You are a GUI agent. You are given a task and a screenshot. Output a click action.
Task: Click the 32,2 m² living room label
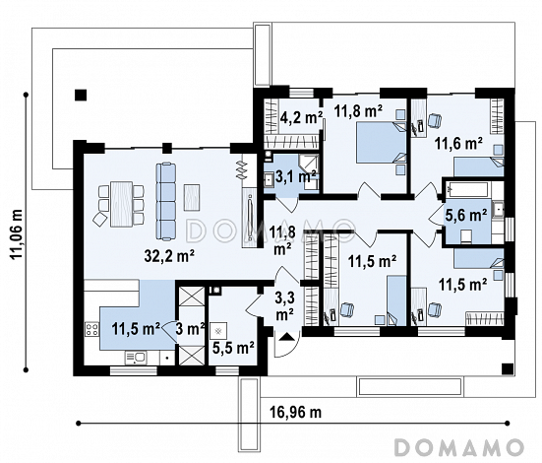[x=169, y=256]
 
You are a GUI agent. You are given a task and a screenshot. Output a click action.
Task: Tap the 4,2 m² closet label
[x=301, y=118]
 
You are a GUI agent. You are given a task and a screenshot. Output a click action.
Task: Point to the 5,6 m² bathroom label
[x=465, y=215]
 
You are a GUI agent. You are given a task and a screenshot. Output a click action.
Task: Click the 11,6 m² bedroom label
[x=458, y=143]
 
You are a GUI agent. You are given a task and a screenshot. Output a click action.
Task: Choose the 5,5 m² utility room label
[x=233, y=348]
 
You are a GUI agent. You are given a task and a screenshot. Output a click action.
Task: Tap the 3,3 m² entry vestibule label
[x=284, y=306]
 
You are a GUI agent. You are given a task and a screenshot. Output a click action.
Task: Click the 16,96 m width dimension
[x=295, y=412]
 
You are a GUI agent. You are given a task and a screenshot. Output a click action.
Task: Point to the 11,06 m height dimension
[x=16, y=233]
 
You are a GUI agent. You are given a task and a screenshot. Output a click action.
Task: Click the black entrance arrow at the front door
[x=286, y=337]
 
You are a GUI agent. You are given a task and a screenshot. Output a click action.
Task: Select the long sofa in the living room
[x=166, y=201]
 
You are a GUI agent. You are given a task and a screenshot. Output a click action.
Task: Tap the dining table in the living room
[x=121, y=204]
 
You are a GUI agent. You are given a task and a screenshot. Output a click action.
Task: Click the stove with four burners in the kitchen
[x=91, y=329]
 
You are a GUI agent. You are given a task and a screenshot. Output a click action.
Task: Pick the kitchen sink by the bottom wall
[x=136, y=358]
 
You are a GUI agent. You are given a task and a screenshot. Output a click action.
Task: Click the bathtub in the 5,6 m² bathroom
[x=466, y=190]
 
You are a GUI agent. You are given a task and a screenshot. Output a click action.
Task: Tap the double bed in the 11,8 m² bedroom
[x=382, y=142]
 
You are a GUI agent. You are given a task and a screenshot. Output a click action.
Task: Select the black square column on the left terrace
[x=81, y=95]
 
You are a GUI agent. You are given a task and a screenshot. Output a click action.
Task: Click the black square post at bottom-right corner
[x=508, y=369]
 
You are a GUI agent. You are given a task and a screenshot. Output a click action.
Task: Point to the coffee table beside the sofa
[x=192, y=197]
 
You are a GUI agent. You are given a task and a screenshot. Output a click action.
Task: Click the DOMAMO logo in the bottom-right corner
[x=458, y=447]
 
